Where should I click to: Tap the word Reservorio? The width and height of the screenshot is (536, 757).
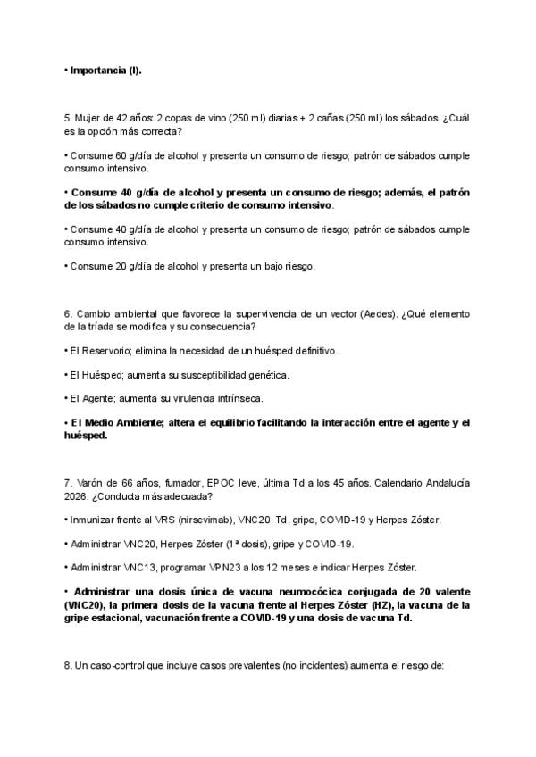tap(104, 351)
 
